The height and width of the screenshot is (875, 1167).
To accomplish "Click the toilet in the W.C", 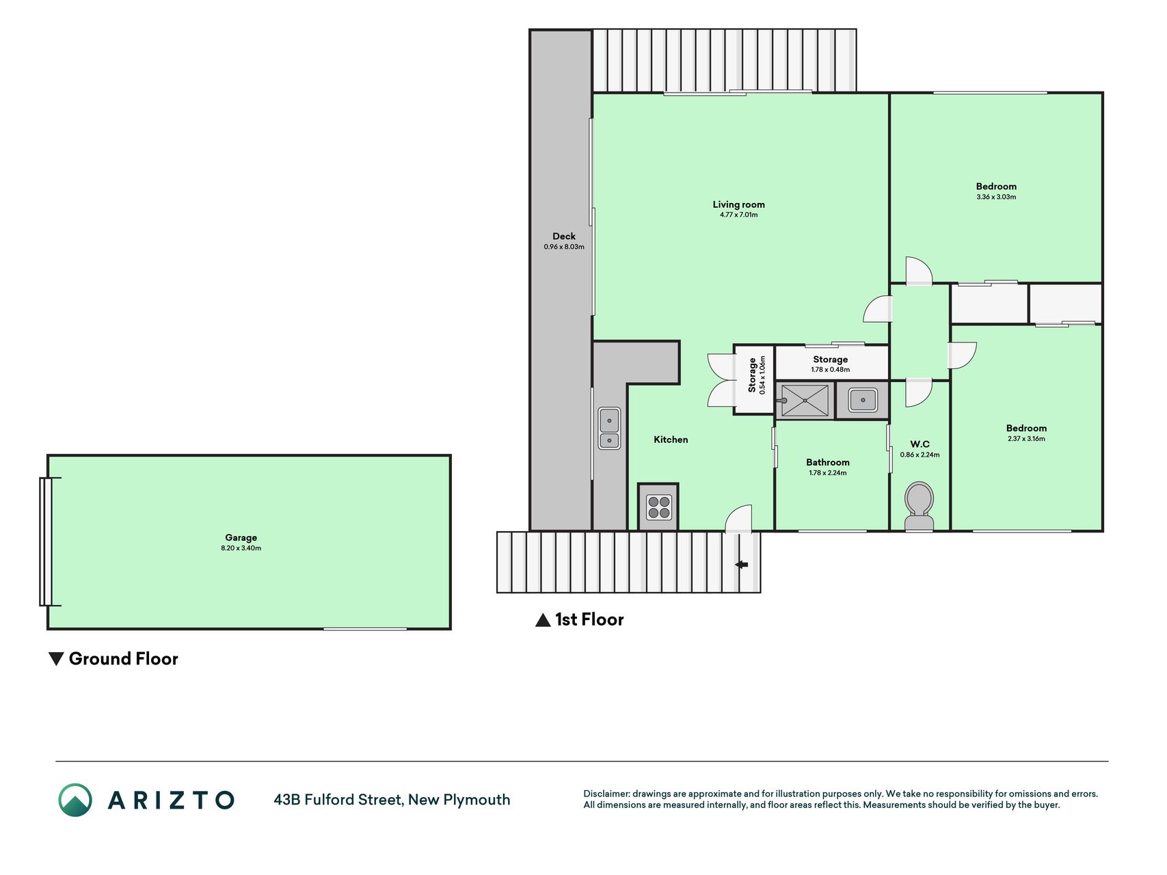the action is click(x=919, y=507).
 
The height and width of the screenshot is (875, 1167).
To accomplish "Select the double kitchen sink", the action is click(x=609, y=428).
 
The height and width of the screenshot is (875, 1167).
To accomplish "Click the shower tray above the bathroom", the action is click(x=805, y=400).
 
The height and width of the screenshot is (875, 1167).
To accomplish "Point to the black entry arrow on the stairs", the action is click(x=741, y=565).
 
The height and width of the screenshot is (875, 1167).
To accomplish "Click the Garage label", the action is click(x=241, y=538).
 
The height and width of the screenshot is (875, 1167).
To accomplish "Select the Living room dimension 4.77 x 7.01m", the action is click(x=738, y=215).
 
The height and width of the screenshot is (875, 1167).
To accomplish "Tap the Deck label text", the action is click(x=564, y=237).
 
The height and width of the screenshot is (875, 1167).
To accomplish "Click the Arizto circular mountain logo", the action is click(x=75, y=800).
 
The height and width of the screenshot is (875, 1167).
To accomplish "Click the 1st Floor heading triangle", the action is click(x=543, y=620).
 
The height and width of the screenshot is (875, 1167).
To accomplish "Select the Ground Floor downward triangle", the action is click(x=56, y=659).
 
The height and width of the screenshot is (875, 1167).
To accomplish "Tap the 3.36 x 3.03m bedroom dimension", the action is click(x=996, y=197).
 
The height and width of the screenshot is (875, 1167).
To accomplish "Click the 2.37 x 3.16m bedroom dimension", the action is click(x=1026, y=439).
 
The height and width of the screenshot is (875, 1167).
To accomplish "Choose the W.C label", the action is click(x=920, y=444).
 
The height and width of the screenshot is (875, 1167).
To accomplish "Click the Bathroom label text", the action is click(x=827, y=463).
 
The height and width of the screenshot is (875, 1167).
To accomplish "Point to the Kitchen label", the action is click(x=671, y=440).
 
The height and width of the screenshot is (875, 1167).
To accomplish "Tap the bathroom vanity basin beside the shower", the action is click(x=863, y=400).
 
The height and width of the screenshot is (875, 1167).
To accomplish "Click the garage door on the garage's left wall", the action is click(x=46, y=542).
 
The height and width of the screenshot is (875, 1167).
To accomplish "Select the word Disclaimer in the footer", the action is click(x=606, y=794).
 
